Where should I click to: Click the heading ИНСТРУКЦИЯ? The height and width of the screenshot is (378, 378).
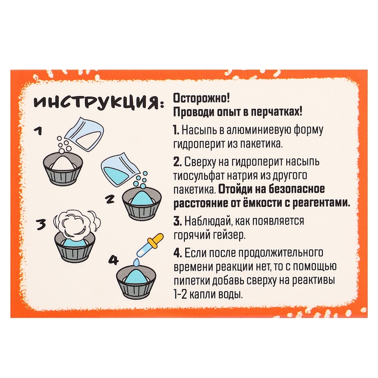click(x=95, y=102)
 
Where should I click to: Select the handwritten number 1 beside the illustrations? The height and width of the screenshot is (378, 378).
click(x=37, y=131)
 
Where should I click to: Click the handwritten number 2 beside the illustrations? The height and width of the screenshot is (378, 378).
click(x=110, y=199)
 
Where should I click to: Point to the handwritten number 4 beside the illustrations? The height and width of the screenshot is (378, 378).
click(x=112, y=260)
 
